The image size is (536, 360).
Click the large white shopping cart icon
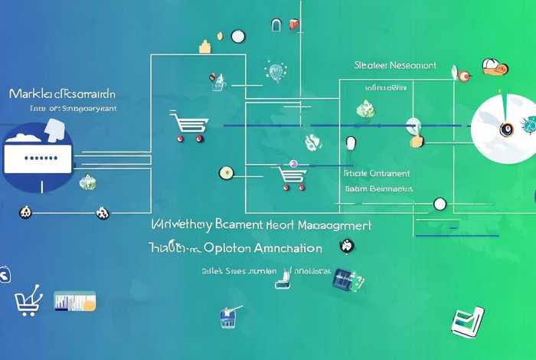(188, 126)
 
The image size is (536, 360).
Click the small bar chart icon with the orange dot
(74, 300)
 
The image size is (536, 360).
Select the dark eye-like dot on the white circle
(506, 129)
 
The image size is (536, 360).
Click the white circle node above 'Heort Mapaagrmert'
(440, 203)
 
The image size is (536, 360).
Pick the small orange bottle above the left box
(204, 47)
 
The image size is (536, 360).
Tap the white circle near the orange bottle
(237, 35)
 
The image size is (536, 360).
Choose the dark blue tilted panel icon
(342, 280)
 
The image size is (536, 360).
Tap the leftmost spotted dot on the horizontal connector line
(25, 211)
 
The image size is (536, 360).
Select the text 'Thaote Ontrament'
(377, 174)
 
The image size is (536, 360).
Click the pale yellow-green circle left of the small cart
(225, 172)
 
